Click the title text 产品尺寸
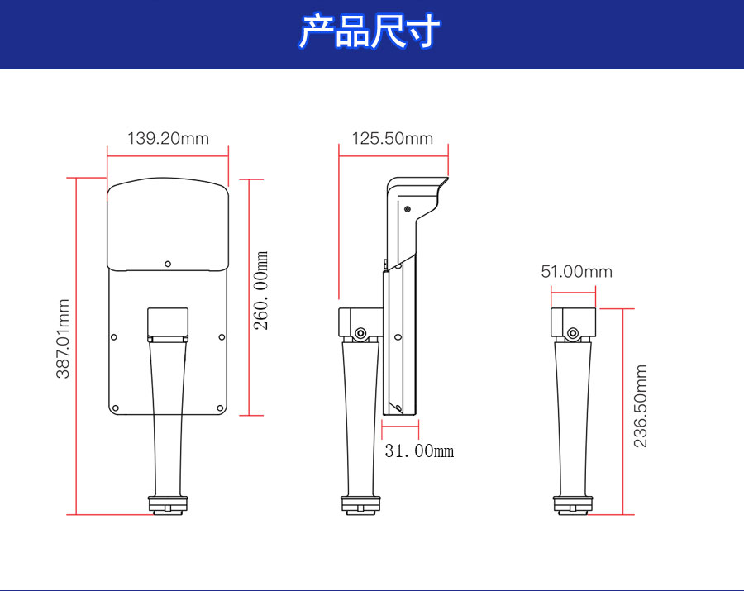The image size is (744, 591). pyautogui.click(x=370, y=33)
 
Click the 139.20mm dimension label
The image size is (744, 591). pyautogui.click(x=168, y=138)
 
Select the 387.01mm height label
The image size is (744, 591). pyautogui.click(x=63, y=339)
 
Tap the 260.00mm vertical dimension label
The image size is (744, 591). pyautogui.click(x=261, y=291)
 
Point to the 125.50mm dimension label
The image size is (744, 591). pyautogui.click(x=393, y=138)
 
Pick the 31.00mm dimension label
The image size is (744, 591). pyautogui.click(x=419, y=451)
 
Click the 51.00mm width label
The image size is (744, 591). pyautogui.click(x=576, y=271)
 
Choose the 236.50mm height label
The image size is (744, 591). pyautogui.click(x=641, y=407)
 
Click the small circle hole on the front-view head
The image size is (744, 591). pyautogui.click(x=168, y=264)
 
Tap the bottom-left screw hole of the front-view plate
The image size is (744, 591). pyautogui.click(x=116, y=408)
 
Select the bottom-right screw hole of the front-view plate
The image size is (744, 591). pyautogui.click(x=220, y=408)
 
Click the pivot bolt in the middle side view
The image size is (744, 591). pyautogui.click(x=360, y=333)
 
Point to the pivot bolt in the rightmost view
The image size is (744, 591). pyautogui.click(x=572, y=333)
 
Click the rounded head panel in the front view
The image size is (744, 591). pyautogui.click(x=168, y=223)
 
